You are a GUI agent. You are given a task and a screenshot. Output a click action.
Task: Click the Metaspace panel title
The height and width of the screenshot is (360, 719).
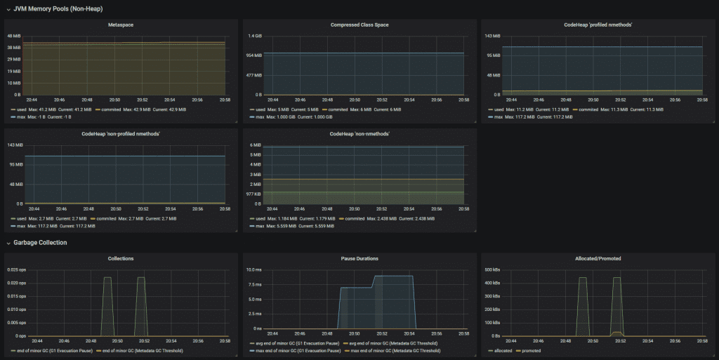(x=121, y=25)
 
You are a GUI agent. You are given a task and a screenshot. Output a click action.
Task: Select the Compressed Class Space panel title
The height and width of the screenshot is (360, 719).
(x=359, y=25)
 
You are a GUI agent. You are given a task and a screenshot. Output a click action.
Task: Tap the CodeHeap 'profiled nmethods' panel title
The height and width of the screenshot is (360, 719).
(x=598, y=25)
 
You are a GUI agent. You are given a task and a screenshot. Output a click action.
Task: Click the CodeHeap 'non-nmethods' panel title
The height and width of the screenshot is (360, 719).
(x=359, y=133)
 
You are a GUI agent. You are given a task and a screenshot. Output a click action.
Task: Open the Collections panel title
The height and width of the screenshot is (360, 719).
(x=121, y=258)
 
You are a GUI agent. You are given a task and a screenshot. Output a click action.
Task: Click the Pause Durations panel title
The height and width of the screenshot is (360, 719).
(x=359, y=258)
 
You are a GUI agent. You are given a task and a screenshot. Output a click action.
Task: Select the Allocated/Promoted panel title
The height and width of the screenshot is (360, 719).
(x=598, y=258)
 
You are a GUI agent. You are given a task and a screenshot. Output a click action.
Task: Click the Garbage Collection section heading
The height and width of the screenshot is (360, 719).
(x=40, y=243)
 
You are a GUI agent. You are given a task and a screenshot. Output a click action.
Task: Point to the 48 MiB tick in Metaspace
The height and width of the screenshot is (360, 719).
(x=14, y=36)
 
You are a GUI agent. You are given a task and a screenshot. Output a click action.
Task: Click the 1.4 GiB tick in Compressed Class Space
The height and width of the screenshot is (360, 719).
(x=254, y=36)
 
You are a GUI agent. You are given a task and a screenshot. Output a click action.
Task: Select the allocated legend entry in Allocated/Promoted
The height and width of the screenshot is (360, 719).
(x=501, y=350)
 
